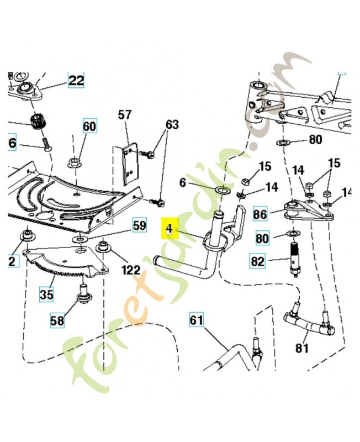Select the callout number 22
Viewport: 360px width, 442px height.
coord(76,81)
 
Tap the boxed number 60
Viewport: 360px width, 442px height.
coord(89,127)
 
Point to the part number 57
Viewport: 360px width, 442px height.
coord(125,115)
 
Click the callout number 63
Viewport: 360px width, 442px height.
coord(172,125)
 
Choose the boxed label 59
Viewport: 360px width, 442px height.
coord(139,225)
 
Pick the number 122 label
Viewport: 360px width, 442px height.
coord(131,270)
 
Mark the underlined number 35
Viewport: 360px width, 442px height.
coord(47,294)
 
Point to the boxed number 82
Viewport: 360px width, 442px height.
coord(258,261)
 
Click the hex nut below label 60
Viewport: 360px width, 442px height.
coord(73,163)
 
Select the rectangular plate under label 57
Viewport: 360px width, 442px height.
coord(129,164)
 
